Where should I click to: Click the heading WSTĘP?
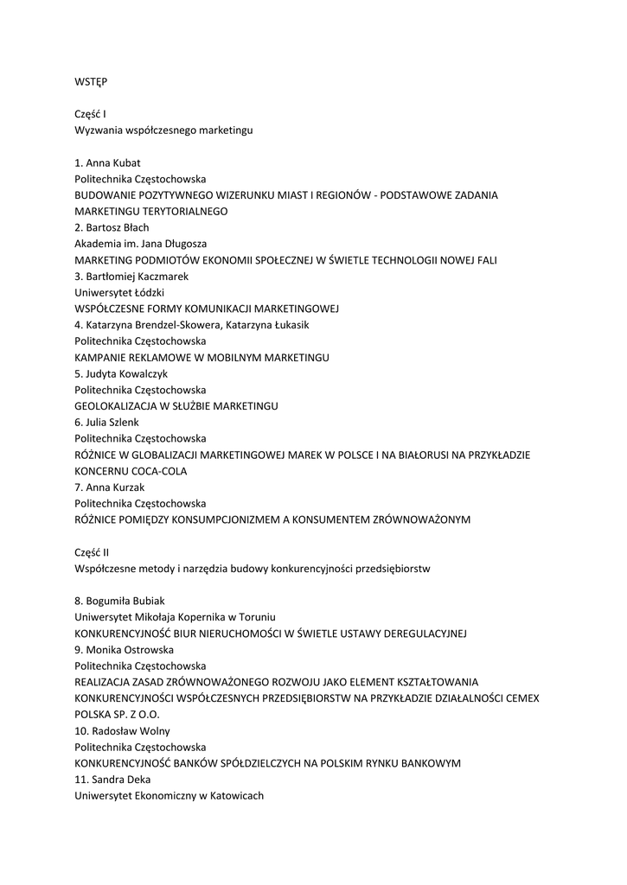click(x=91, y=81)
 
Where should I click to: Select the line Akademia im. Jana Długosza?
click(x=140, y=244)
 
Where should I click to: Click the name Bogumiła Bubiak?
click(x=125, y=601)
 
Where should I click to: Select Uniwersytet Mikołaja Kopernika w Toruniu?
click(x=175, y=617)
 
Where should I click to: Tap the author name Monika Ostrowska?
click(x=130, y=649)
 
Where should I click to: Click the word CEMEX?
click(x=520, y=698)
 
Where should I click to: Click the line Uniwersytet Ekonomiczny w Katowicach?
click(x=169, y=796)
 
